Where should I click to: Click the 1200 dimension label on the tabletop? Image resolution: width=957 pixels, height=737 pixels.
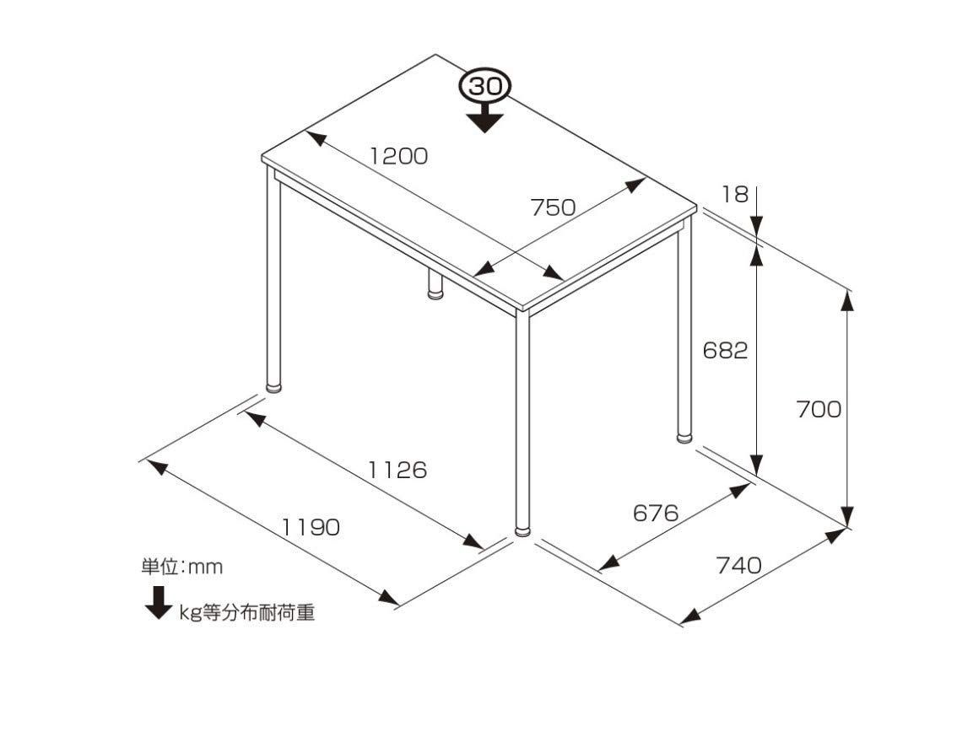point(399,156)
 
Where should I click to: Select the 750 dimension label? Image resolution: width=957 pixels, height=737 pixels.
point(553,207)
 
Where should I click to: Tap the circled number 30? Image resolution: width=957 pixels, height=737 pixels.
point(486,87)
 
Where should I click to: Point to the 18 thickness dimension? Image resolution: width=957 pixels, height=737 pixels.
point(735,194)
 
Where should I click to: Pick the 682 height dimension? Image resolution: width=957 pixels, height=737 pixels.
point(725,350)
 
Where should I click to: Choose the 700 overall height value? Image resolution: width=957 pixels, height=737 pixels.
point(819,409)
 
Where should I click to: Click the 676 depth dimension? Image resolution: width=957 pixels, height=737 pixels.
point(656,513)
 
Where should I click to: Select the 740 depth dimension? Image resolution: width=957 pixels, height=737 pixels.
point(739,565)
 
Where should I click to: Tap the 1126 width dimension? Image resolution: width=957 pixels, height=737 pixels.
point(397,470)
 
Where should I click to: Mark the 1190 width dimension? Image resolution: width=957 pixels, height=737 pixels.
point(311,526)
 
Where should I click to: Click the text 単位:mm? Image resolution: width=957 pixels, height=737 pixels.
point(182,567)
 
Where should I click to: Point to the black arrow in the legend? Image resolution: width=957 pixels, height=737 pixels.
point(159,603)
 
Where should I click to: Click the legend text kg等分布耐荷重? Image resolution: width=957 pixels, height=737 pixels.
point(246,612)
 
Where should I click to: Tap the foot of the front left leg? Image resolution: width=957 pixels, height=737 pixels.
point(274,387)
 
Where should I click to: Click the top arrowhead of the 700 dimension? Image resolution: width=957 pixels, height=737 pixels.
point(847,299)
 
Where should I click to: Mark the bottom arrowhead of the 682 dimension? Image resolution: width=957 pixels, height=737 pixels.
point(756,465)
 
